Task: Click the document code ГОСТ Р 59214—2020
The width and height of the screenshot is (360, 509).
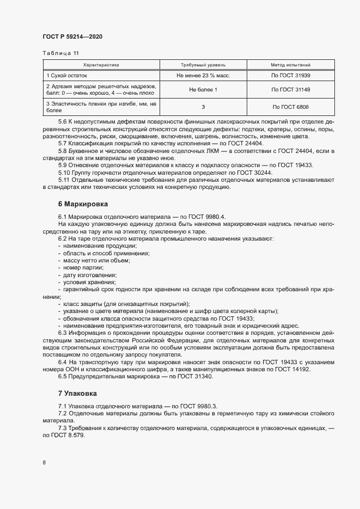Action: pyautogui.click(x=72, y=36)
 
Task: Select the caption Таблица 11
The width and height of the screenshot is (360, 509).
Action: pyautogui.click(x=60, y=53)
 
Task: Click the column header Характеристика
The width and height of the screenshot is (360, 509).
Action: pyautogui.click(x=101, y=64)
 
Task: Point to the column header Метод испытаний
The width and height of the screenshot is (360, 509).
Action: pyautogui.click(x=291, y=64)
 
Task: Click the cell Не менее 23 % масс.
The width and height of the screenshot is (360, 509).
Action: pyautogui.click(x=203, y=75)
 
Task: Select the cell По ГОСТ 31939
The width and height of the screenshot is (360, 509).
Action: pyautogui.click(x=291, y=75)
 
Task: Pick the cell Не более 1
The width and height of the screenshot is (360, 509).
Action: pyautogui.click(x=203, y=89)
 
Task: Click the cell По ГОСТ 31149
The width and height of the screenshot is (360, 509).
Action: pyautogui.click(x=291, y=89)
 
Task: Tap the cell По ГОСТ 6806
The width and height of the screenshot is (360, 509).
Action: pyautogui.click(x=291, y=107)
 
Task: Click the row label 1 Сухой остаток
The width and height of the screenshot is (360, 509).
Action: pyautogui.click(x=67, y=75)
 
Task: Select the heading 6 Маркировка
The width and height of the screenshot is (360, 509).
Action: pyautogui.click(x=83, y=204)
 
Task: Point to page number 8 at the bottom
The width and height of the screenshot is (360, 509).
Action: pyautogui.click(x=44, y=463)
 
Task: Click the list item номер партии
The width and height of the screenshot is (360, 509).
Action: pyautogui.click(x=82, y=268)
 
